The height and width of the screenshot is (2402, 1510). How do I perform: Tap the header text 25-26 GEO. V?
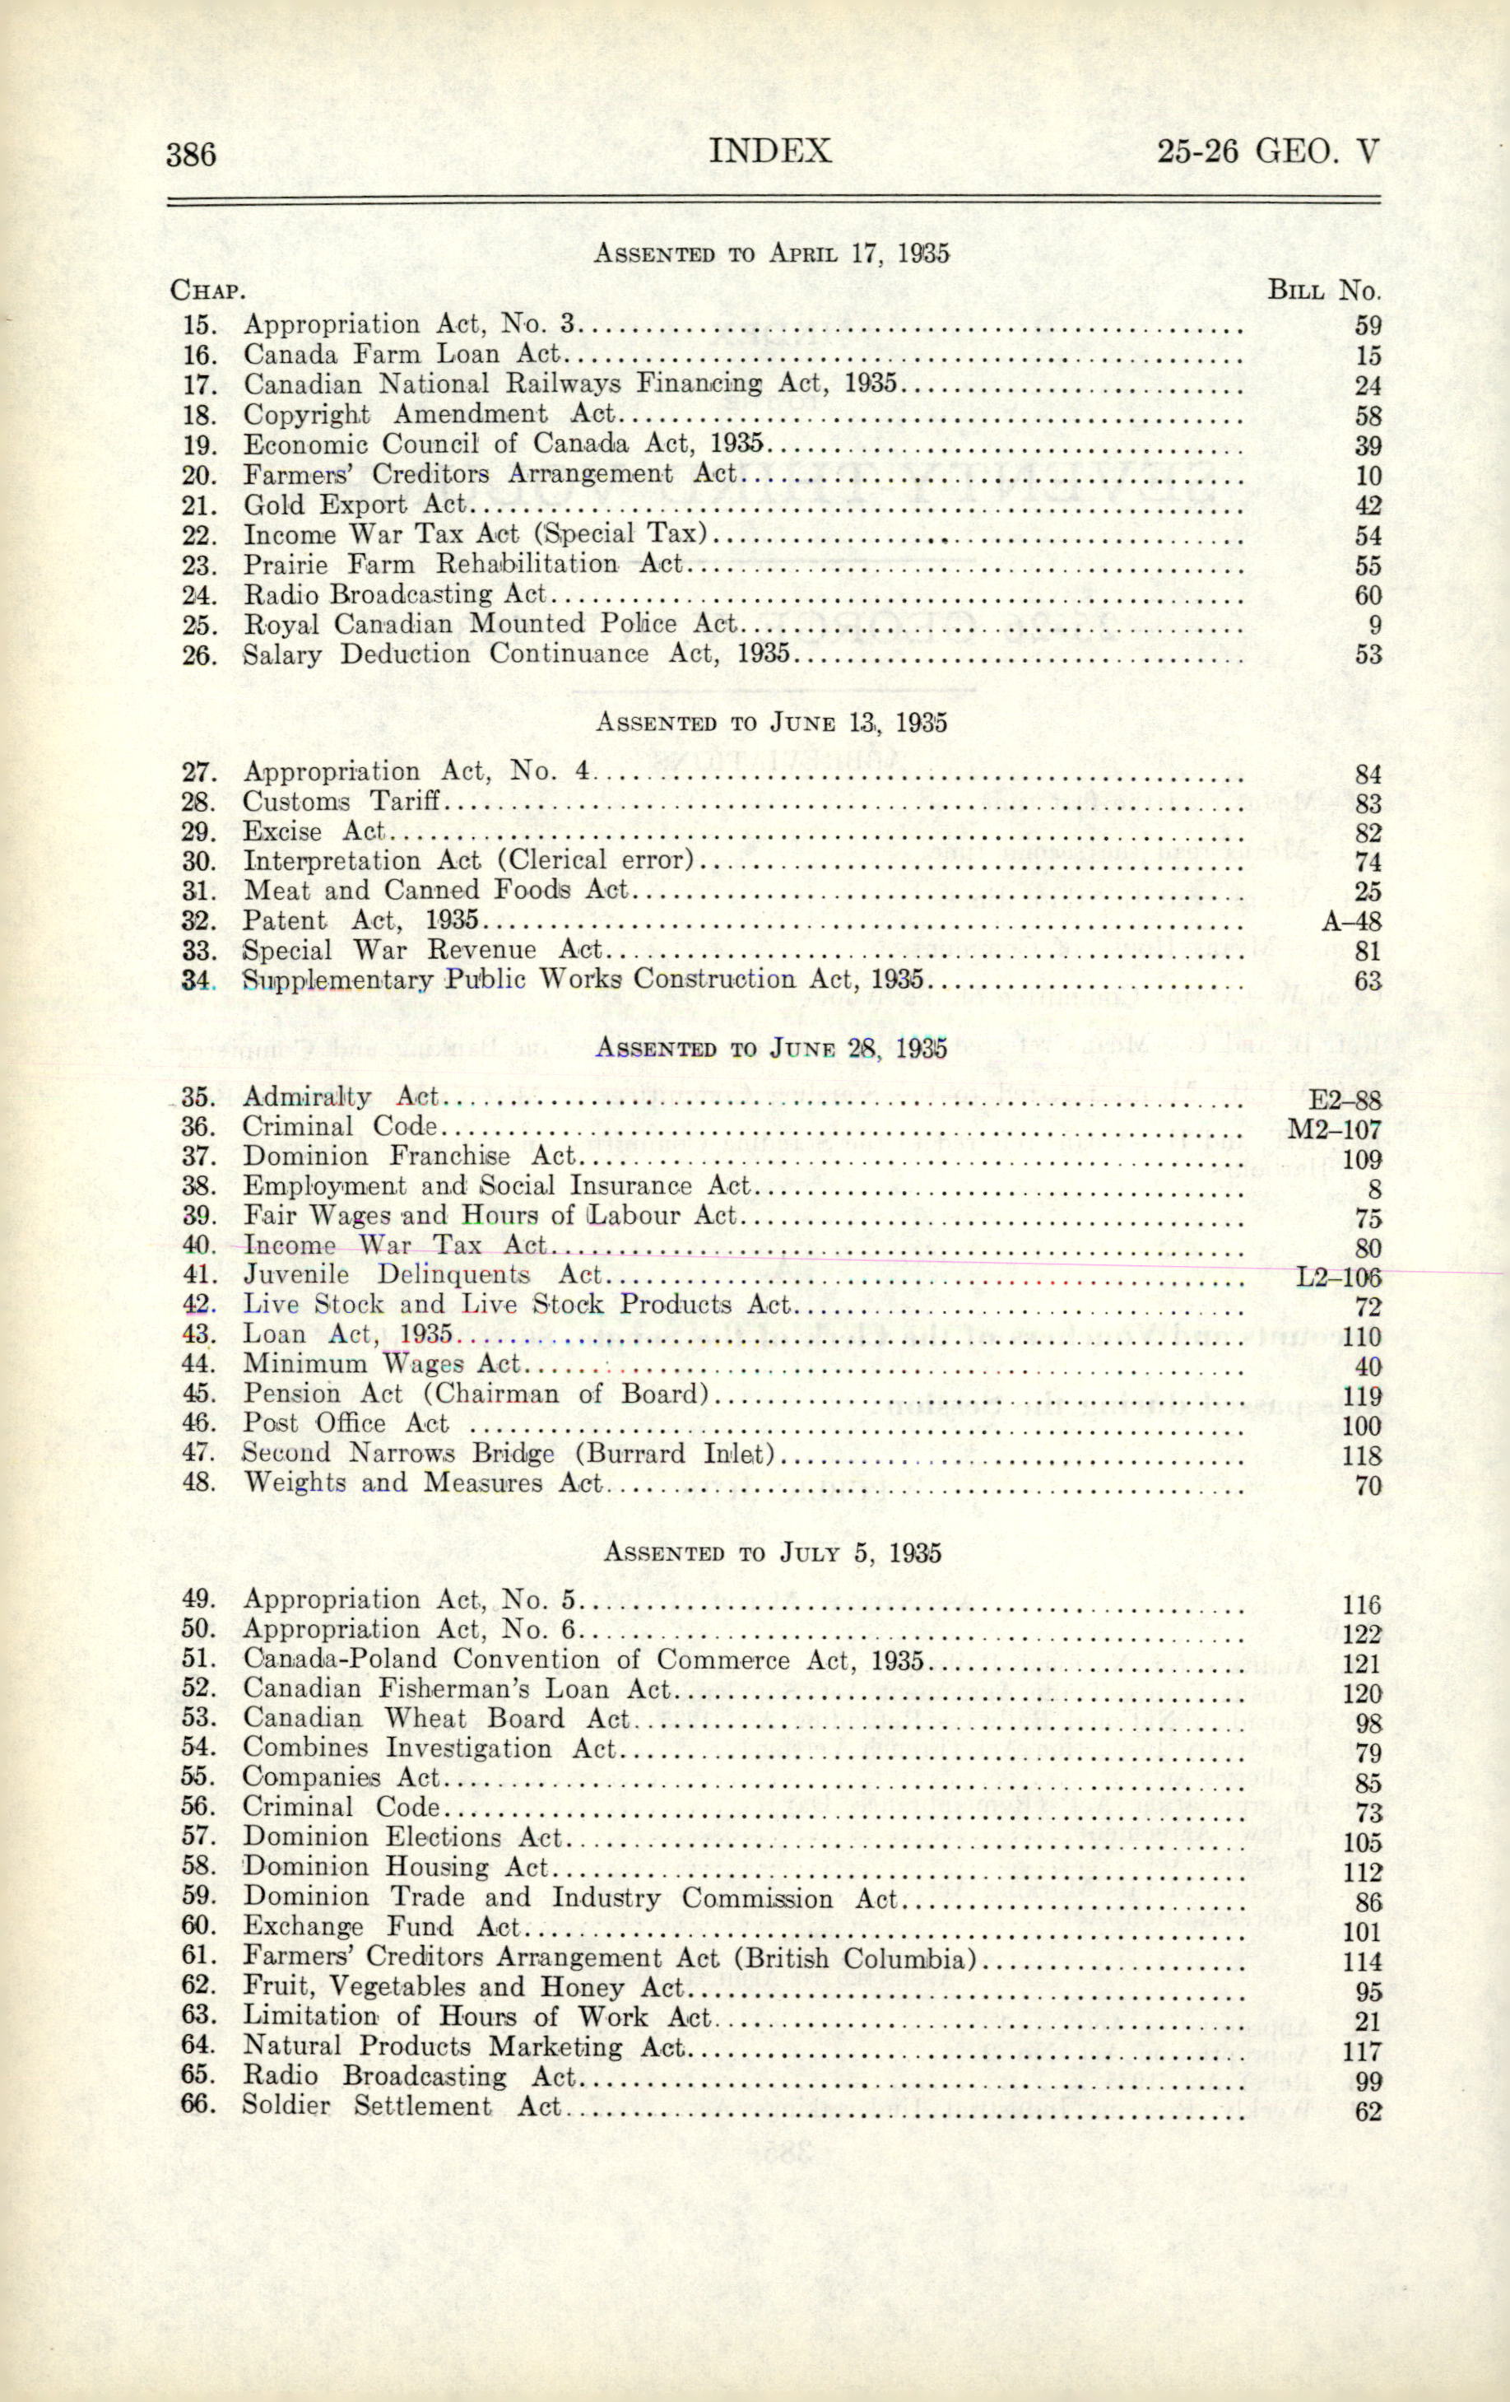coord(1269,151)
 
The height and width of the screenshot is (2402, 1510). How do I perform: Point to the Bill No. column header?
coord(1322,291)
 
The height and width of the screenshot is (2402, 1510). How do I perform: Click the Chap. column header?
coord(207,291)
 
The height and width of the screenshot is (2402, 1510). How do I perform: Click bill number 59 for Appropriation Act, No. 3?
coord(1368,326)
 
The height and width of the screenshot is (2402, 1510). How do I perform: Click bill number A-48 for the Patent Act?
coord(1351,922)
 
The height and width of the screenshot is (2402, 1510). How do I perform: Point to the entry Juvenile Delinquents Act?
coord(423,1275)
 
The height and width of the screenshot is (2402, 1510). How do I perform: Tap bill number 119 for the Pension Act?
coord(1361,1397)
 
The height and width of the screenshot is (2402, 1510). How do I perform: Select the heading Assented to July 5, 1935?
coord(773,1552)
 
